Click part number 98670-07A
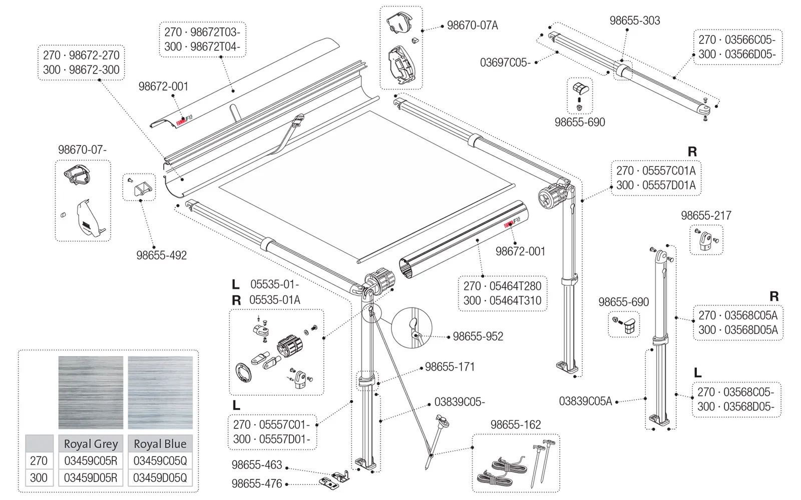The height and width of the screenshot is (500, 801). click(473, 25)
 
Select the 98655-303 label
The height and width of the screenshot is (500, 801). click(635, 20)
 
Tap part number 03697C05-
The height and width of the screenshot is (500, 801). click(505, 62)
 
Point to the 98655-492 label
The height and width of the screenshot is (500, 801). click(162, 255)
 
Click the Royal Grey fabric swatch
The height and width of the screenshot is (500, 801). click(91, 392)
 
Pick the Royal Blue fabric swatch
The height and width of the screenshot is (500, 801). click(160, 392)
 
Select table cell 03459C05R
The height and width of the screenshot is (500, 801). click(91, 460)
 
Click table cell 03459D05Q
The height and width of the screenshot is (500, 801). click(160, 478)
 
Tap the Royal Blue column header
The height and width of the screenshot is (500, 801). click(160, 443)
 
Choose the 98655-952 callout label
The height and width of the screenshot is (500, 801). click(478, 336)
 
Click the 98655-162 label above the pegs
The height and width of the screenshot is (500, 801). click(516, 424)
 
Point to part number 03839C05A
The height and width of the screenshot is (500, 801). click(585, 401)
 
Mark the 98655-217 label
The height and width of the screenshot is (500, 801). click(706, 215)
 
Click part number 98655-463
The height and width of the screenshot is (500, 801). click(257, 464)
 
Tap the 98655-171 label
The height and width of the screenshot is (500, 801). click(450, 367)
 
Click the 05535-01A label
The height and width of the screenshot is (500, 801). click(275, 300)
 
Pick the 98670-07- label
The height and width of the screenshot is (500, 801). click(82, 149)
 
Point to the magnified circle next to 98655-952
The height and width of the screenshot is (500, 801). click(412, 328)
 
